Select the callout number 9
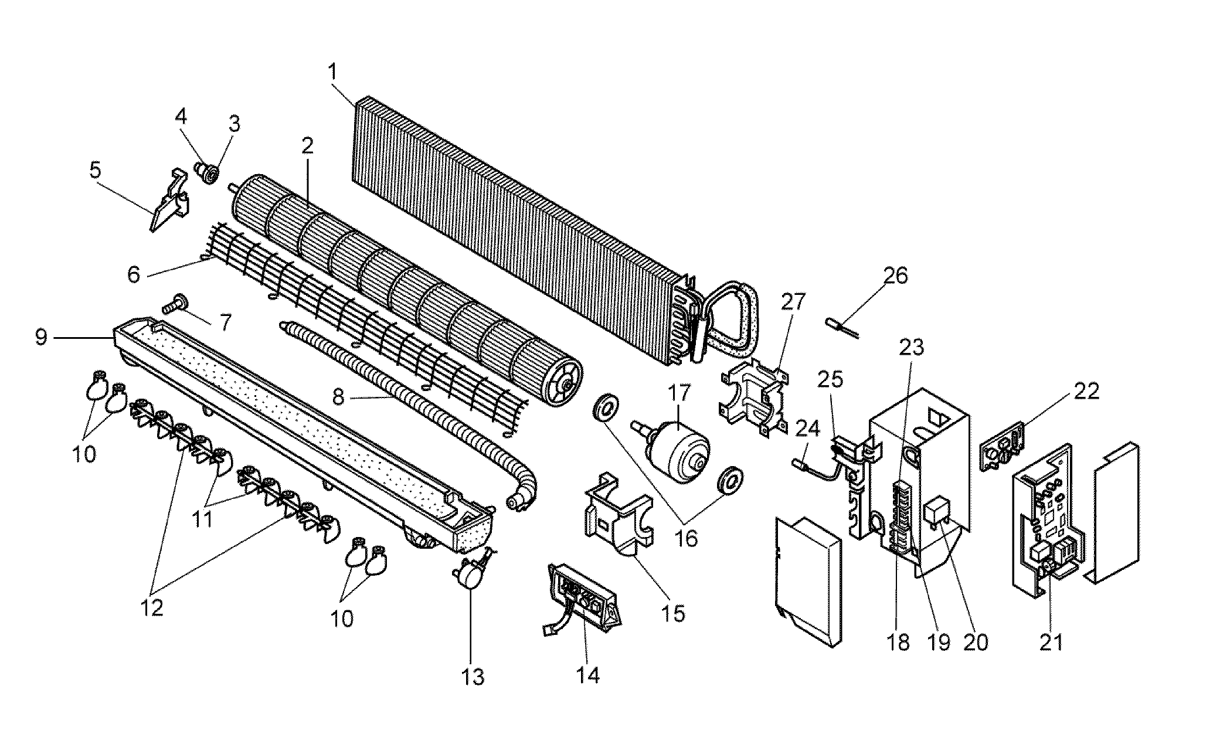click(41, 338)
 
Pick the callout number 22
click(1086, 391)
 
